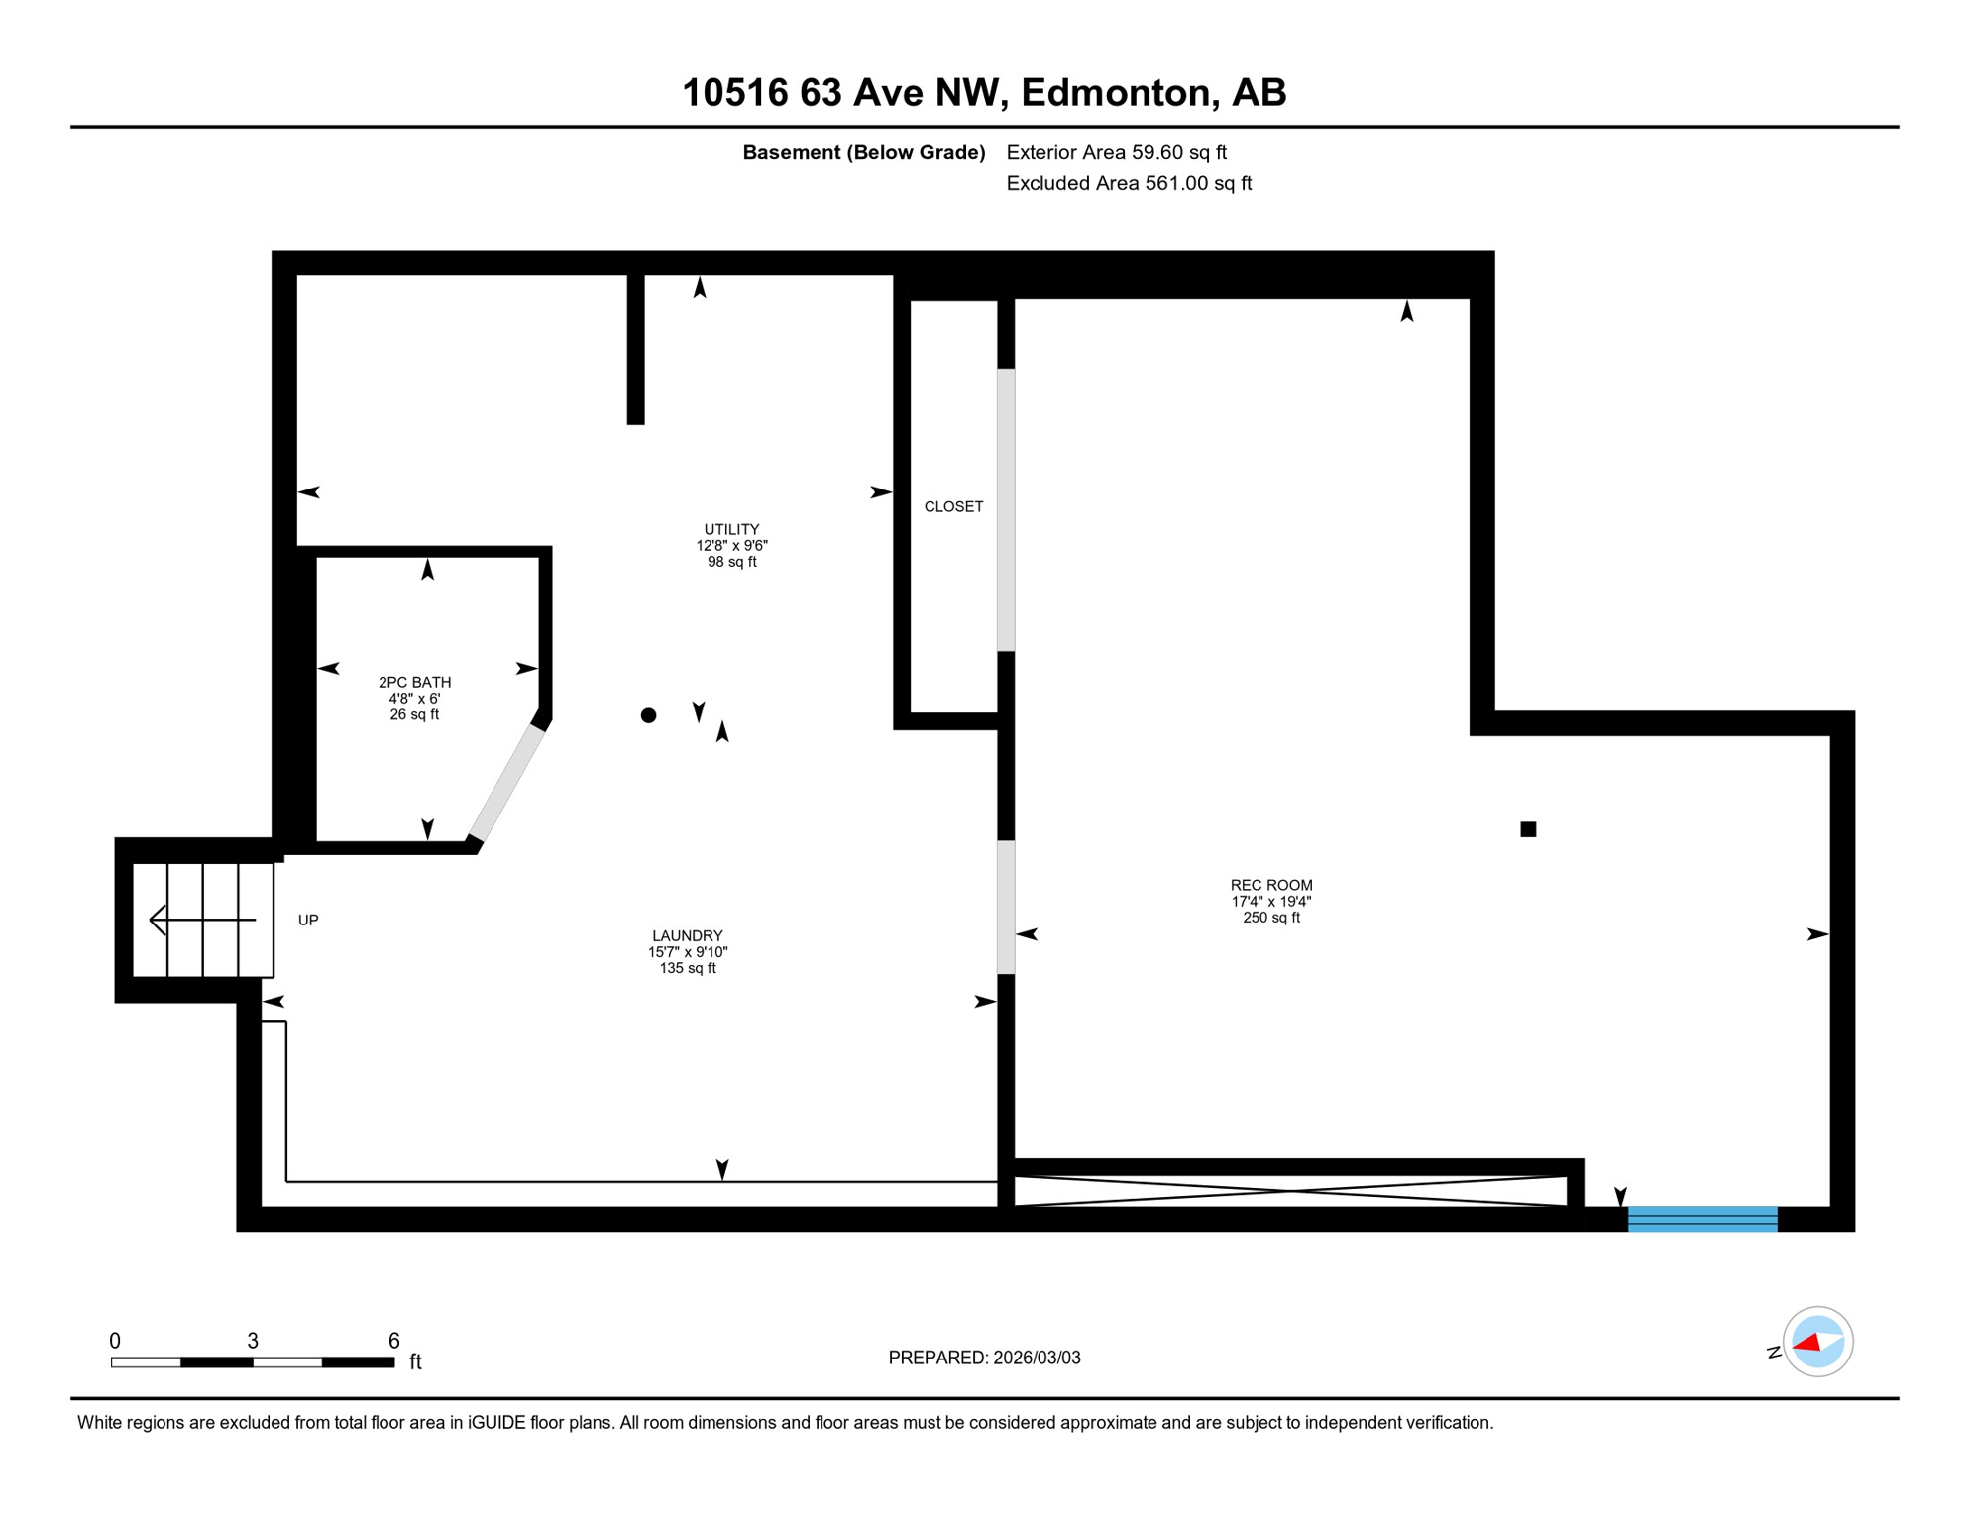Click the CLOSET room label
pos(953,507)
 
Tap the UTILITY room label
pos(731,530)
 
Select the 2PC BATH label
pos(414,683)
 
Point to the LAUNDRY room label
pos(687,936)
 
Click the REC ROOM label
pos(1271,886)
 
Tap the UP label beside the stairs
pos(308,921)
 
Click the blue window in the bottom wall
pos(1702,1219)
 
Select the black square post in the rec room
pos(1528,830)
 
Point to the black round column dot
pos(648,715)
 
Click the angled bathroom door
pos(506,785)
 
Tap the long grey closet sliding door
pos(1006,510)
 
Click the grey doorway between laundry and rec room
pos(1006,908)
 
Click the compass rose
pos(1817,1343)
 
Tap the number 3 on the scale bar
pos(253,1342)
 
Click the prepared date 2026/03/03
pos(1037,1359)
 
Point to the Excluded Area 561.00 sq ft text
pos(1129,184)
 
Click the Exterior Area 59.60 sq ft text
pos(1116,153)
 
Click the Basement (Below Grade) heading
pos(863,153)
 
